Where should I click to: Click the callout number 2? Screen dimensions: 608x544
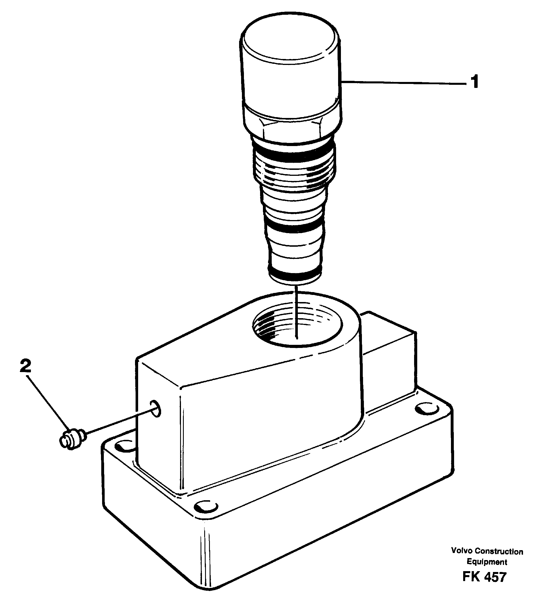(x=26, y=366)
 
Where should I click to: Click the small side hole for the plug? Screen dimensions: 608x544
(x=155, y=408)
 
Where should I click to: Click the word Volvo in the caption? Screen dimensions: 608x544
(x=462, y=551)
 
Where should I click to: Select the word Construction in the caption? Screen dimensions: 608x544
(x=499, y=551)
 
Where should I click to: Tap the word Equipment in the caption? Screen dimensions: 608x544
(x=487, y=562)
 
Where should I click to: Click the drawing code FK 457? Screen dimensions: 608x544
(x=484, y=577)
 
